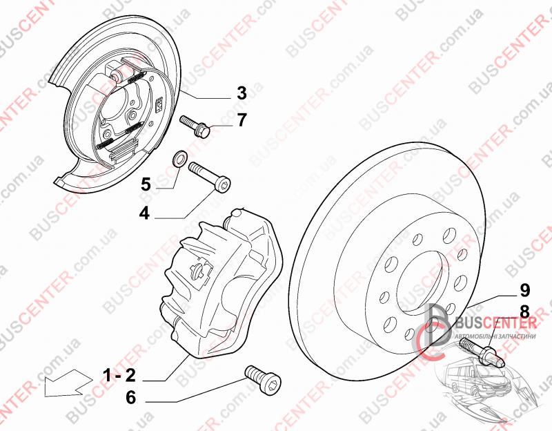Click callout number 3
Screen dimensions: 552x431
pyautogui.click(x=241, y=93)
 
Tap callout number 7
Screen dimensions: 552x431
pyautogui.click(x=242, y=119)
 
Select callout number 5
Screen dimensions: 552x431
pyautogui.click(x=146, y=184)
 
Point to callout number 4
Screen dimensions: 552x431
pyautogui.click(x=144, y=213)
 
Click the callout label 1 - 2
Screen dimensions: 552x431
pyautogui.click(x=119, y=376)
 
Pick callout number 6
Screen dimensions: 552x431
pyautogui.click(x=130, y=398)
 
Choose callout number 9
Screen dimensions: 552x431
pyautogui.click(x=525, y=290)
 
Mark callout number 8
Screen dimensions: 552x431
pyautogui.click(x=524, y=312)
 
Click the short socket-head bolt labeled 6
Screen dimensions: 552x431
pyautogui.click(x=264, y=378)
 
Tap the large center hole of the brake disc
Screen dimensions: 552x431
pyautogui.click(x=420, y=282)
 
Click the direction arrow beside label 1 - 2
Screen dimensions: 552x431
pyautogui.click(x=68, y=383)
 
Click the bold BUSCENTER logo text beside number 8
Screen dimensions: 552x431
pyautogui.click(x=495, y=323)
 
